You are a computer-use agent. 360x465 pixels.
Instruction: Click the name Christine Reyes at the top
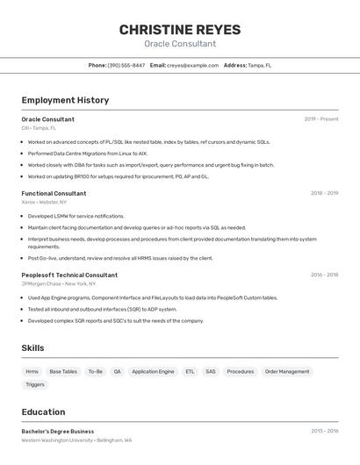pos(179,30)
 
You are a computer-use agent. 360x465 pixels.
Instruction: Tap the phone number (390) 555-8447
pos(126,65)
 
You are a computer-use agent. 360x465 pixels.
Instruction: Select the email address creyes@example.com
pos(193,65)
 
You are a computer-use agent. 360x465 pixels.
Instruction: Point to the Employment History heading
pos(65,100)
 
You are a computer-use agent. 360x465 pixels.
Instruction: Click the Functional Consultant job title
pos(54,193)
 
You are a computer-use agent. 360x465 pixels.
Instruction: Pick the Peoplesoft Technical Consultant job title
pos(69,275)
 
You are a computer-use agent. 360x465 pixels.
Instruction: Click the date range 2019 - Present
pos(321,119)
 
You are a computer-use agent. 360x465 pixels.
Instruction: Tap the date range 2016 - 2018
pos(324,275)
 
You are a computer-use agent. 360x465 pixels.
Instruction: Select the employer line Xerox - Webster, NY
pos(44,202)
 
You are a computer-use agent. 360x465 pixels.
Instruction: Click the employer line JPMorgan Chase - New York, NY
pos(59,283)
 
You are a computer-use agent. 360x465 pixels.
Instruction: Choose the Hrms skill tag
pos(32,371)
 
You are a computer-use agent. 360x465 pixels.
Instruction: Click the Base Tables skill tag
pos(63,371)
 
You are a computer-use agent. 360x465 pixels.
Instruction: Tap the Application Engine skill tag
pos(153,371)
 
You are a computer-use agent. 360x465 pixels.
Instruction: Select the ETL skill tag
pos(190,371)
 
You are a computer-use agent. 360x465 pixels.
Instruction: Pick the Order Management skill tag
pos(287,371)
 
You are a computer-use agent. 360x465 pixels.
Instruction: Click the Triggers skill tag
pos(35,384)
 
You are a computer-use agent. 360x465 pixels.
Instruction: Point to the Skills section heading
pos(32,348)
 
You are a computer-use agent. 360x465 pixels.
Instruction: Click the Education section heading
pos(43,411)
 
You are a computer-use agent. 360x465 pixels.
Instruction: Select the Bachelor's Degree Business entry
pos(58,432)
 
